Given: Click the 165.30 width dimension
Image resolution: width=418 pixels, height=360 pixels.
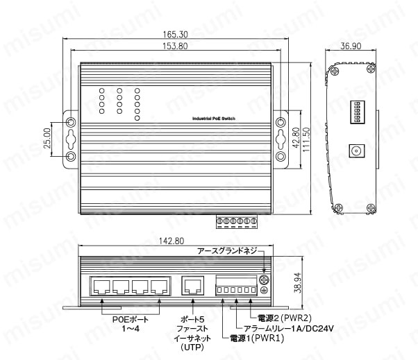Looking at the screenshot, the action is (175, 35).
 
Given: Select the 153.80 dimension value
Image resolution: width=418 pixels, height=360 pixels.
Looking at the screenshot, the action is (175, 46).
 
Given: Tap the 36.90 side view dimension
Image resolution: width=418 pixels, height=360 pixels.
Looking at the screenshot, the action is (351, 46).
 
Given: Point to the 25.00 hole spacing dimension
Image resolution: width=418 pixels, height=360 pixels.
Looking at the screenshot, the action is (47, 138).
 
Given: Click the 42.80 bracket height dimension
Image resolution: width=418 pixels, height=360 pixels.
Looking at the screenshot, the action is (296, 138).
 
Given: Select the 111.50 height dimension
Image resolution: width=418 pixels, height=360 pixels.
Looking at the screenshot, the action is (306, 140).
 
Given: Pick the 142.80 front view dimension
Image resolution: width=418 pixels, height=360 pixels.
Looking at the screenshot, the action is (172, 241).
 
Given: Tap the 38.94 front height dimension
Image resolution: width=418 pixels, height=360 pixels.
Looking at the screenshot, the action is (297, 282).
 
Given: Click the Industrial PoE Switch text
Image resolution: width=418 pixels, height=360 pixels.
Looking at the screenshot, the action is (214, 119).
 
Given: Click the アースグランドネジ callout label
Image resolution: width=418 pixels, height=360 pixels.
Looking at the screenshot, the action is (227, 250).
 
